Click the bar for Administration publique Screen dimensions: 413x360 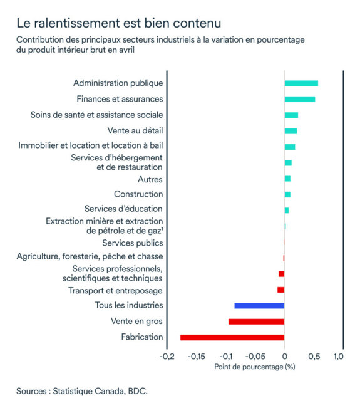pos(301,83)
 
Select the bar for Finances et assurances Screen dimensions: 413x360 pos(299,99)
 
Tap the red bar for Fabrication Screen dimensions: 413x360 pos(232,337)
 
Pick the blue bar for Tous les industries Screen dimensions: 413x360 pos(259,305)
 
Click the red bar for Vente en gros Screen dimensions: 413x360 pos(256,322)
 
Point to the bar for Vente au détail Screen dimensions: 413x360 pos(291,131)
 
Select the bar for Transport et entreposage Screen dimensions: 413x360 pos(281,290)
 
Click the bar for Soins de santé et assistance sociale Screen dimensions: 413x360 pos(291,115)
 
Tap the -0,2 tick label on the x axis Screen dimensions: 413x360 pos(167,357)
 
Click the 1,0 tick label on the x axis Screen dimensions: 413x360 pos(338,357)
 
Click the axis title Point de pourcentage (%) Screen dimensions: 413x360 pos(254,367)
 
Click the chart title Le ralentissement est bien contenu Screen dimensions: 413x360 pos(118,24)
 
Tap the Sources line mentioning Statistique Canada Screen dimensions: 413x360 pos(82,391)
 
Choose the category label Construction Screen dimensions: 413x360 pos(138,194)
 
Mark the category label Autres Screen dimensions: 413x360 pos(150,179)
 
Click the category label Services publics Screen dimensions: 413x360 pos(132,243)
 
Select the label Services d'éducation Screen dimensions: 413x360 pos(123,209)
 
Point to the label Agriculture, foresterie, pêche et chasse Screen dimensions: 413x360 pos(90,256)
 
